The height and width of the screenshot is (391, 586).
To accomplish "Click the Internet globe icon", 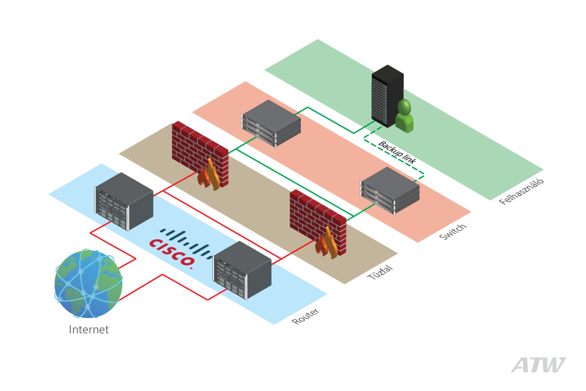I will [88, 284].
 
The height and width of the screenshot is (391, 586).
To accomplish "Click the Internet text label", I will [89, 330].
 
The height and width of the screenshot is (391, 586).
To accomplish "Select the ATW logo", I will [538, 366].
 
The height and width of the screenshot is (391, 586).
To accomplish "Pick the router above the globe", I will [124, 201].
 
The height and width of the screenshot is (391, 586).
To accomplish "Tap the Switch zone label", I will [453, 231].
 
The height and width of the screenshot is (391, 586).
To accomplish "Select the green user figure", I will [404, 117].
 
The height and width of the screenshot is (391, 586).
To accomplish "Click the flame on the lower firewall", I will [328, 242].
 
